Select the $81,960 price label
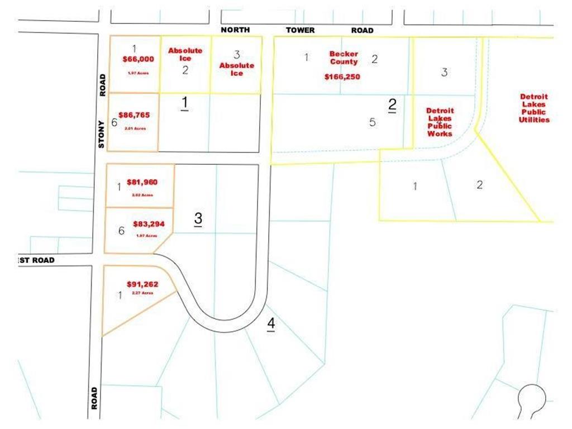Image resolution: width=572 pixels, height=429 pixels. pos(142,182)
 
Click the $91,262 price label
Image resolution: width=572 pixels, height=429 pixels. pos(142,284)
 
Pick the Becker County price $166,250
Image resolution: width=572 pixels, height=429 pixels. pos(342,77)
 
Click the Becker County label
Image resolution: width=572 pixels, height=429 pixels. pos(344,58)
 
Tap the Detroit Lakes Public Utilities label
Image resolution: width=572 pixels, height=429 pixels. pos(534,108)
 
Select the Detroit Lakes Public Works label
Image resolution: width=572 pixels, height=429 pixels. pos(439,122)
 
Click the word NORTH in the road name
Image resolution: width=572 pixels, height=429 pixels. pos(235,30)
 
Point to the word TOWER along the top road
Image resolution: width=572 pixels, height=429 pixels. pos(301,30)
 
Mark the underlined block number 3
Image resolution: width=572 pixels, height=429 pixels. pos(198,219)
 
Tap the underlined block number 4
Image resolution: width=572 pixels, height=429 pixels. pos(271,323)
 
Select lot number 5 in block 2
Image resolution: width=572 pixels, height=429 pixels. pos(373,122)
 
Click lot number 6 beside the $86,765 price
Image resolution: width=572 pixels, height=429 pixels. pos(114,123)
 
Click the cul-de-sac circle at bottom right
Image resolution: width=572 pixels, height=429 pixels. pos(531,397)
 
